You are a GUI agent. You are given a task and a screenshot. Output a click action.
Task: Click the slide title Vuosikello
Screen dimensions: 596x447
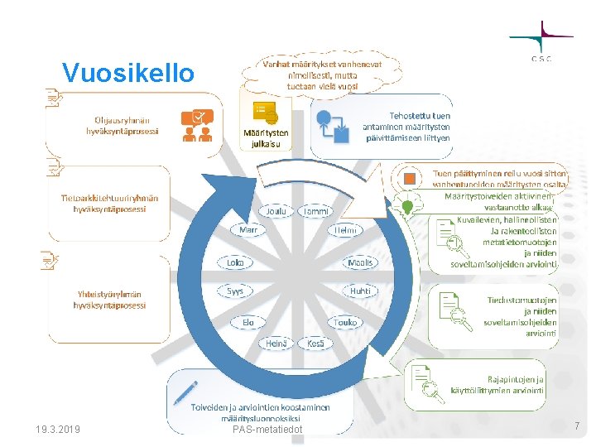point(128,73)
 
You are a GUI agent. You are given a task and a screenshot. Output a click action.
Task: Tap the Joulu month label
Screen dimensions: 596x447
point(276,211)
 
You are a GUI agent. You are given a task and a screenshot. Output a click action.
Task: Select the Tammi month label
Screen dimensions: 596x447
point(315,212)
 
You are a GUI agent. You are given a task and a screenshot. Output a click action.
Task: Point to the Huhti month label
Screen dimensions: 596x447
point(360,291)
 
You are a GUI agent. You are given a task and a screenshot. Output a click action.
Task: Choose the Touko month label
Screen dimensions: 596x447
point(345,322)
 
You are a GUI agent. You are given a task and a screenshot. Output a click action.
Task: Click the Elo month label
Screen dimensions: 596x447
point(248,322)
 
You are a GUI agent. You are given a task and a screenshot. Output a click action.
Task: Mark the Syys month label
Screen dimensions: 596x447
point(235,291)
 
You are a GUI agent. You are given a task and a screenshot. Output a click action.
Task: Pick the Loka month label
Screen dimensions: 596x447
point(235,262)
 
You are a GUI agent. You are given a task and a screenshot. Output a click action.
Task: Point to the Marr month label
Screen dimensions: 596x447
point(248,229)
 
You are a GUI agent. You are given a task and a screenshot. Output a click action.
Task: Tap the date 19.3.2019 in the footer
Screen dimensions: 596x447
point(58,430)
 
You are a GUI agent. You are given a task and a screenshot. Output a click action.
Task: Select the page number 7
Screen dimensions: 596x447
point(577,425)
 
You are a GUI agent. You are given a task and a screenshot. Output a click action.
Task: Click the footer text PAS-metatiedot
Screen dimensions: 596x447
point(268,430)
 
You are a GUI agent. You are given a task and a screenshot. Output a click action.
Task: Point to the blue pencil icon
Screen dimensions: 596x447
point(185,392)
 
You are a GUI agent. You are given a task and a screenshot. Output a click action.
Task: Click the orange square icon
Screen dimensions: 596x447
point(409,178)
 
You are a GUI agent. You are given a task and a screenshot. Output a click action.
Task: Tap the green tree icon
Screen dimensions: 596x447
point(408,204)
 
